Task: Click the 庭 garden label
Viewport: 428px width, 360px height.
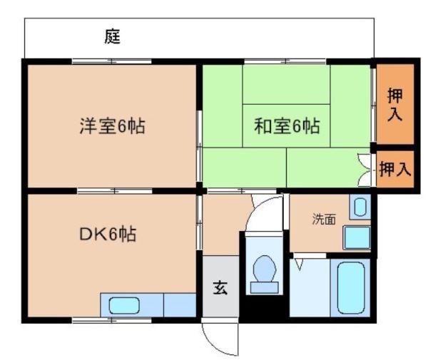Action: click(x=113, y=36)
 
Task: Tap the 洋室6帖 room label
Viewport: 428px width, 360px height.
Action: click(x=112, y=126)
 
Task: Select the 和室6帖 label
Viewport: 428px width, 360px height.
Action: click(x=287, y=125)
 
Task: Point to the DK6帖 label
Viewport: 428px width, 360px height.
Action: click(x=108, y=234)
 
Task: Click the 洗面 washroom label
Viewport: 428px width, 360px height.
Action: click(x=324, y=219)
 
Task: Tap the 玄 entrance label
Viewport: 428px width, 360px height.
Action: click(x=220, y=287)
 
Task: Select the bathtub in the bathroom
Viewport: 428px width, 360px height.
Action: click(x=351, y=288)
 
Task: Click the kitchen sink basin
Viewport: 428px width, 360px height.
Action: click(x=124, y=305)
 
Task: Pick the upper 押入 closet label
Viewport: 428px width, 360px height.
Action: click(x=395, y=104)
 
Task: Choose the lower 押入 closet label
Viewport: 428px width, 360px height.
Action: click(x=395, y=169)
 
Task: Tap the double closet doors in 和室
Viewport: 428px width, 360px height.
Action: click(x=365, y=170)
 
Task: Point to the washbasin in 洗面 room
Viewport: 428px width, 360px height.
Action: click(x=360, y=207)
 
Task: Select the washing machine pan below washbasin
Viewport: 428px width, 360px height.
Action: click(x=357, y=237)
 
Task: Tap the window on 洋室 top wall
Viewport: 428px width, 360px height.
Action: click(x=112, y=61)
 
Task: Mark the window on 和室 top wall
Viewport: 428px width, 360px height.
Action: click(x=285, y=61)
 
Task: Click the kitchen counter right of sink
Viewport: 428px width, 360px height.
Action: click(x=180, y=305)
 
